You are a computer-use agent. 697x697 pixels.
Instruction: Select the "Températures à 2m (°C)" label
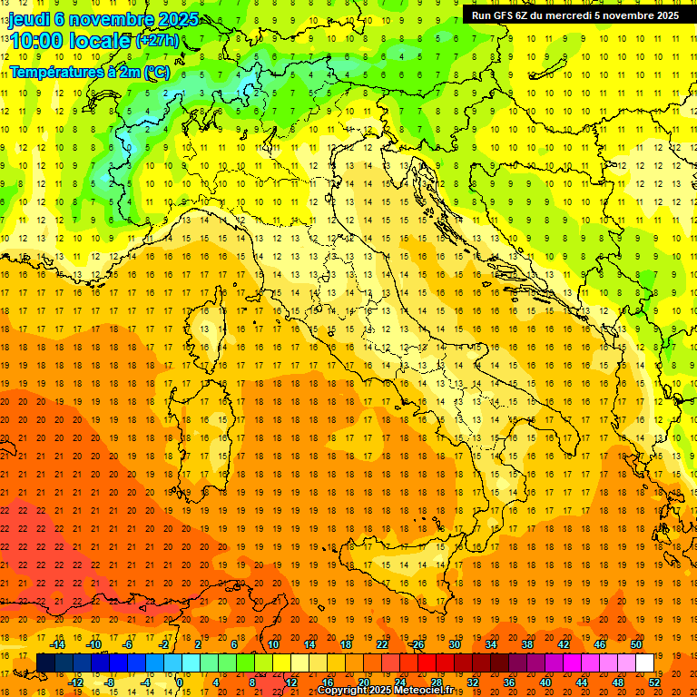89,71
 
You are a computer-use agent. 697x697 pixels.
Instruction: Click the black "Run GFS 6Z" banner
575,15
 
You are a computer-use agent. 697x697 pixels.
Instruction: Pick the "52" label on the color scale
654,682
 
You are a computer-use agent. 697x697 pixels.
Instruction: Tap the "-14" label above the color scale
58,644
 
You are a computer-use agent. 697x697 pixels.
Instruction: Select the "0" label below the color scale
180,682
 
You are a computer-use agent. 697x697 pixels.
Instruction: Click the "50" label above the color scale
637,644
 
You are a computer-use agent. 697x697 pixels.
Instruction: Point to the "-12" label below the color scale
75,682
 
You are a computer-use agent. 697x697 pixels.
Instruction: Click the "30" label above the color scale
454,644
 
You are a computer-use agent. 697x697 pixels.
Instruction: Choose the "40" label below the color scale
545,682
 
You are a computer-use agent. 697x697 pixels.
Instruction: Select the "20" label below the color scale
363,682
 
